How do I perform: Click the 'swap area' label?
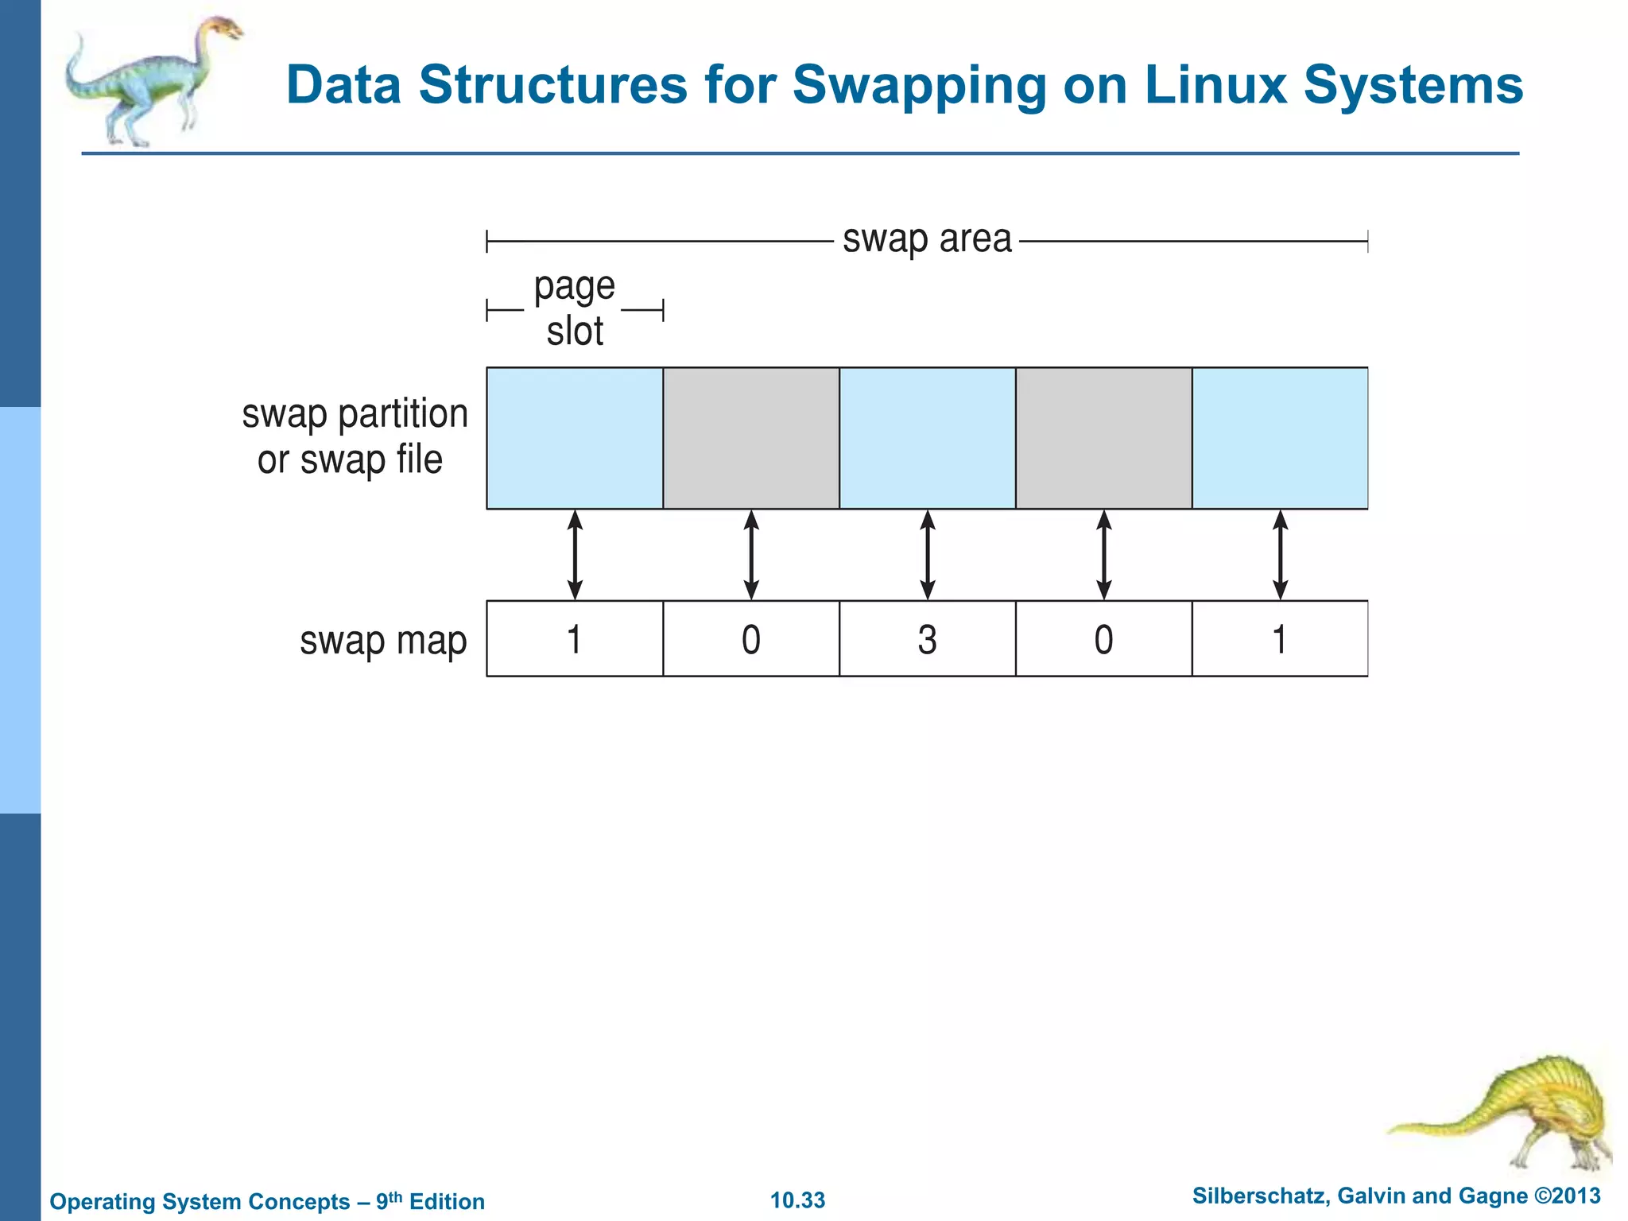(x=927, y=238)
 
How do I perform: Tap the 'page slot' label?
(x=575, y=308)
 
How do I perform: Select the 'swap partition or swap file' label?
(x=355, y=436)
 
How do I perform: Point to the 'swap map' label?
(x=382, y=641)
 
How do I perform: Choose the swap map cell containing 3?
(x=927, y=639)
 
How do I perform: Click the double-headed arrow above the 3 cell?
(x=927, y=555)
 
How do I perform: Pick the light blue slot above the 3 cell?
(x=927, y=438)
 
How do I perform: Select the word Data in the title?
(x=343, y=85)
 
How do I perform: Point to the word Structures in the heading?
(x=552, y=85)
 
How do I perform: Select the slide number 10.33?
(x=797, y=1200)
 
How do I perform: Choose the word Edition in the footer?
(x=447, y=1202)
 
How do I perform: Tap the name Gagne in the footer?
(x=1494, y=1196)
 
